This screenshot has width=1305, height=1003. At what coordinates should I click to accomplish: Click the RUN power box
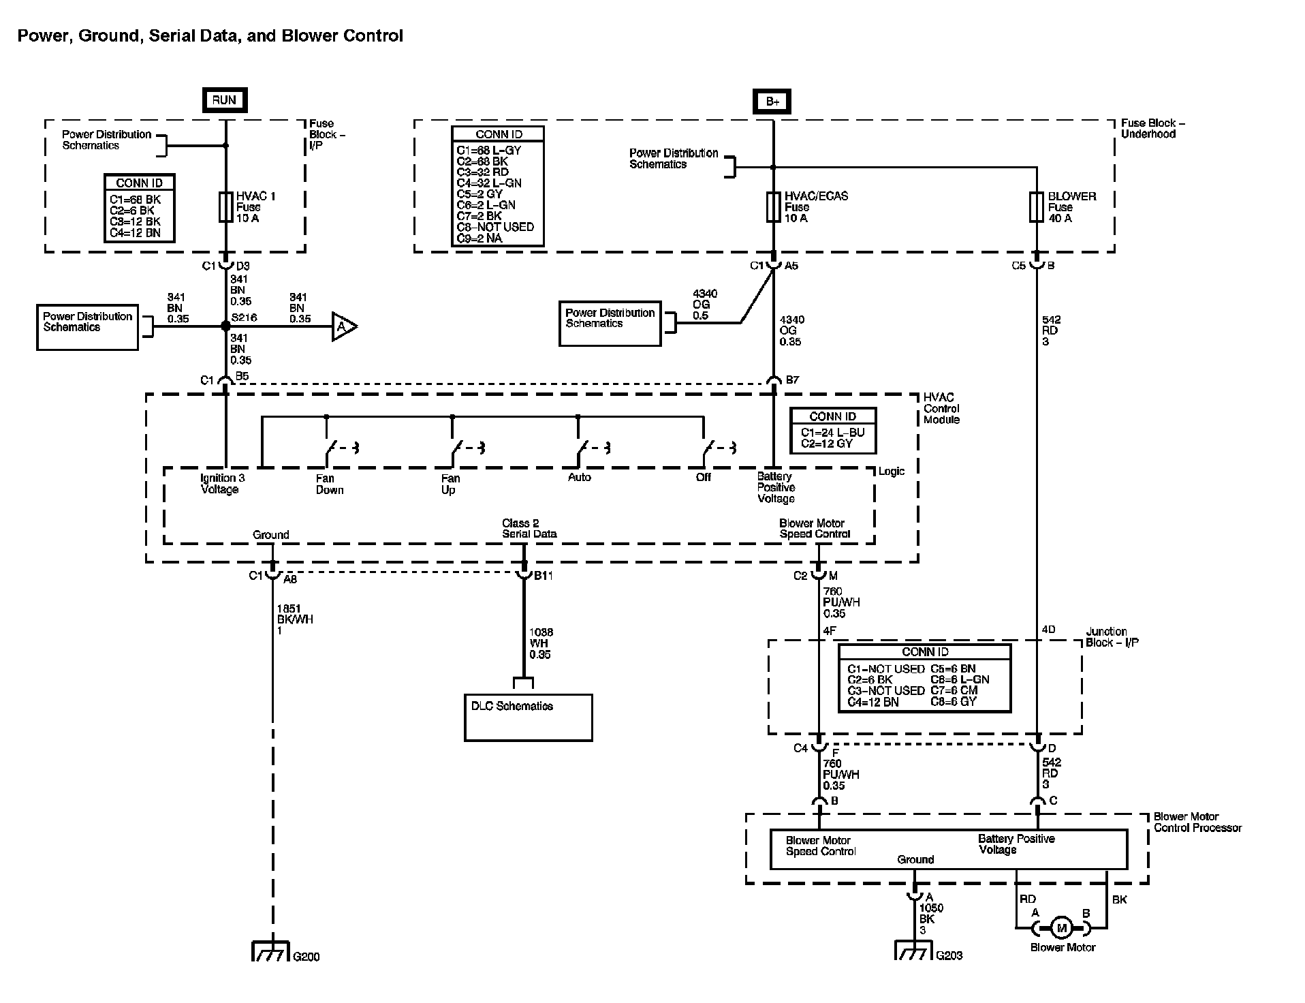pos(224,100)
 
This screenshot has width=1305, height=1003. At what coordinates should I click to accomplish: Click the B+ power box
pos(772,102)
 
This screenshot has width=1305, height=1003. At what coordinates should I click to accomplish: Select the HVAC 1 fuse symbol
pos(226,207)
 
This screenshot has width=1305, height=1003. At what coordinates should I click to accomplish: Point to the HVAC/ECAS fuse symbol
pos(773,207)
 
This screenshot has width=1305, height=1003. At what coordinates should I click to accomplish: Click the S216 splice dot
pos(226,327)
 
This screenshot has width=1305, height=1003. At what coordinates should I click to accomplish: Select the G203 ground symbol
pos(913,950)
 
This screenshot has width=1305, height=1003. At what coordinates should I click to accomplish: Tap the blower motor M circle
pos(1060,927)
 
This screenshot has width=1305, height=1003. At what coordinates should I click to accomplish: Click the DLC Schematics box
pos(528,717)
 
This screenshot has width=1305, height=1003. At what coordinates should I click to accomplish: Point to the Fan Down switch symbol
pos(332,448)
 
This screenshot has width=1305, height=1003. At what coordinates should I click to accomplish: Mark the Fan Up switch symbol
pos(458,448)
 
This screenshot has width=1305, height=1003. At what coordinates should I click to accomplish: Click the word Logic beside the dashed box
pos(892,472)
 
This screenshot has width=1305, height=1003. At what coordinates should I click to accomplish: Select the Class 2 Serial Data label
pos(529,529)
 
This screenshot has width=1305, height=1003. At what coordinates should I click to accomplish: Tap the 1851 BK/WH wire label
pos(294,619)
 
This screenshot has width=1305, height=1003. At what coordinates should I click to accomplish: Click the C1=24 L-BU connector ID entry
pos(832,433)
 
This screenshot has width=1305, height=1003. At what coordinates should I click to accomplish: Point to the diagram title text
pos(210,36)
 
